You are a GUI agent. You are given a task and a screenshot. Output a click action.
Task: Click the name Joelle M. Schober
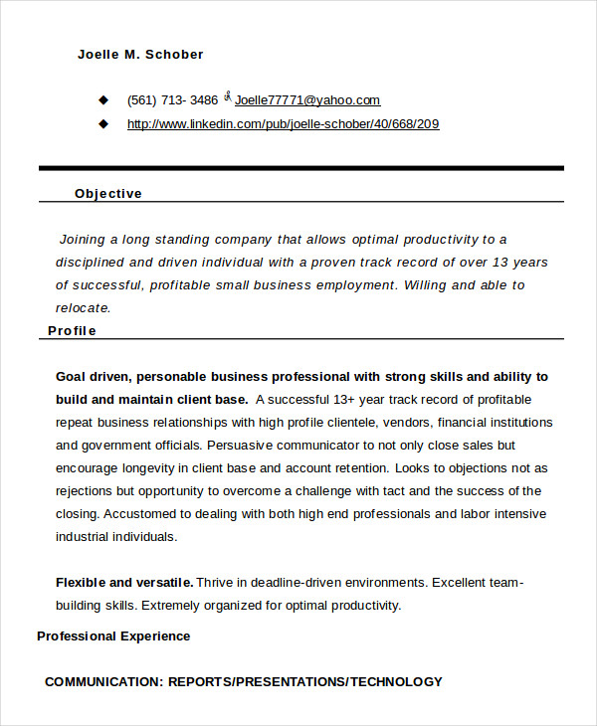tap(140, 54)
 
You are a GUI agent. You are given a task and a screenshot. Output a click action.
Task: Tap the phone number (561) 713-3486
tap(172, 100)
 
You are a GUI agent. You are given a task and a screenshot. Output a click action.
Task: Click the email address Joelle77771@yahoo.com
tap(307, 100)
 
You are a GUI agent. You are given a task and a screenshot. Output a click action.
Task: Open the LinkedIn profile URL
tap(283, 124)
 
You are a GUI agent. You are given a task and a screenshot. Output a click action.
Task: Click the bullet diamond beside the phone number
tap(102, 100)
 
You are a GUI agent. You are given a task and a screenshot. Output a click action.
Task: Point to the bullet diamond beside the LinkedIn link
tap(102, 124)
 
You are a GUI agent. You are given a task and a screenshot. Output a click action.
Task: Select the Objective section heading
tap(108, 194)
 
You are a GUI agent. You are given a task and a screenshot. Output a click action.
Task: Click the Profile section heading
tap(73, 331)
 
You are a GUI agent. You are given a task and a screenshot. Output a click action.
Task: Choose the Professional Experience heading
tap(113, 636)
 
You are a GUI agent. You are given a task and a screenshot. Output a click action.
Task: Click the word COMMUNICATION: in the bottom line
tap(103, 682)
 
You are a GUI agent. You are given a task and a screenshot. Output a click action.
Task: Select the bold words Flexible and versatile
tap(124, 583)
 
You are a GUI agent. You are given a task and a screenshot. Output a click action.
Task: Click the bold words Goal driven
tap(93, 377)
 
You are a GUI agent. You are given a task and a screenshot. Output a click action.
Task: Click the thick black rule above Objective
tap(300, 168)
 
